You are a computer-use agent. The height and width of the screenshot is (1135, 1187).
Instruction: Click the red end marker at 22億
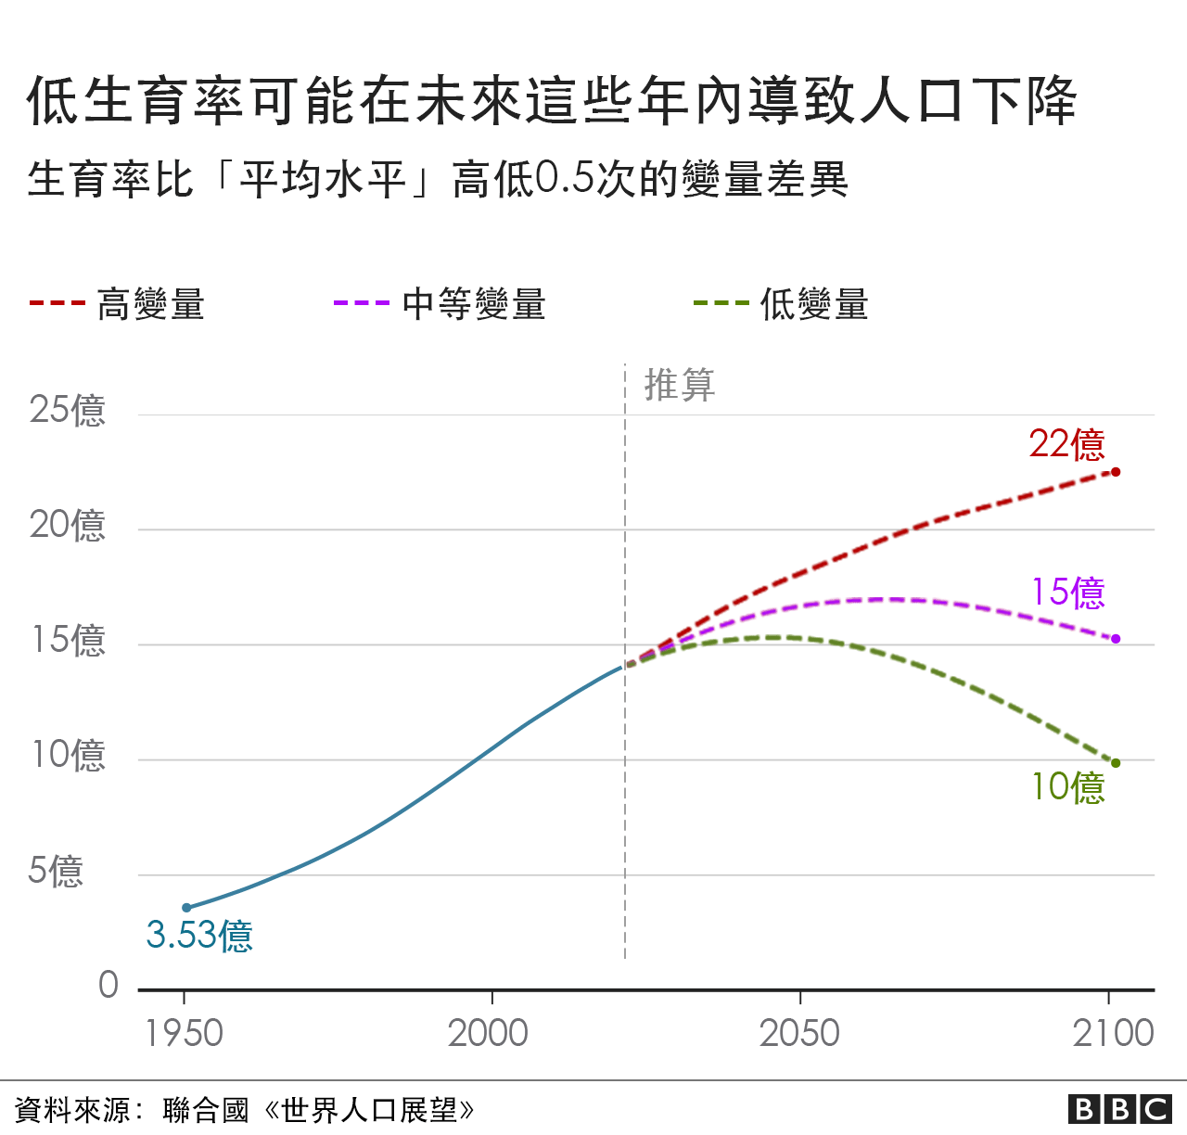[x=1116, y=472]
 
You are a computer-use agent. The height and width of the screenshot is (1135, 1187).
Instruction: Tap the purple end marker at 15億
[x=1116, y=639]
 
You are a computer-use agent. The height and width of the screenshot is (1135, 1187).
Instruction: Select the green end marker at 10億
[x=1116, y=763]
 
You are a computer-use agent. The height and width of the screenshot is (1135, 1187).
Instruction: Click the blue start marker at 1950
[x=186, y=908]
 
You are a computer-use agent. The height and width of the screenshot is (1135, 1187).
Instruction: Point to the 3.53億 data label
[x=199, y=935]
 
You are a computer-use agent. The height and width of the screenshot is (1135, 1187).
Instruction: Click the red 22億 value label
[x=1066, y=445]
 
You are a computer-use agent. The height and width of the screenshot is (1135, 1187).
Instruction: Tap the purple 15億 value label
[x=1068, y=593]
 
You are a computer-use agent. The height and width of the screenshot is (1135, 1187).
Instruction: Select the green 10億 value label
[x=1068, y=787]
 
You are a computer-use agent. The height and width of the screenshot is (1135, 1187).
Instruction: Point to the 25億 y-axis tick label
[x=67, y=410]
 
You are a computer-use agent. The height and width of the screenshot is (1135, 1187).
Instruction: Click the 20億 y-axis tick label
[x=67, y=525]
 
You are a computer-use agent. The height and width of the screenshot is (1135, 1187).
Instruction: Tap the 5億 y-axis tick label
[x=56, y=871]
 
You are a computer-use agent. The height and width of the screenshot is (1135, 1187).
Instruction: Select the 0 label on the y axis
[x=108, y=985]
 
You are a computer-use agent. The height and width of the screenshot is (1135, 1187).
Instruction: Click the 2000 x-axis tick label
[x=488, y=1033]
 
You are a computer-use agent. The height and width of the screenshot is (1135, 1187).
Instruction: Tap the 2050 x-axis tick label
[x=799, y=1033]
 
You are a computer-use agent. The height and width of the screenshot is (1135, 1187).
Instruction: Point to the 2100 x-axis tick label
[x=1113, y=1033]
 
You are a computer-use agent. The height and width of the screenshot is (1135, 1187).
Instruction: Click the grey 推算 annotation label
[x=680, y=385]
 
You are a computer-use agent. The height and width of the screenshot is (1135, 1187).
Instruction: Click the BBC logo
[x=1120, y=1109]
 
